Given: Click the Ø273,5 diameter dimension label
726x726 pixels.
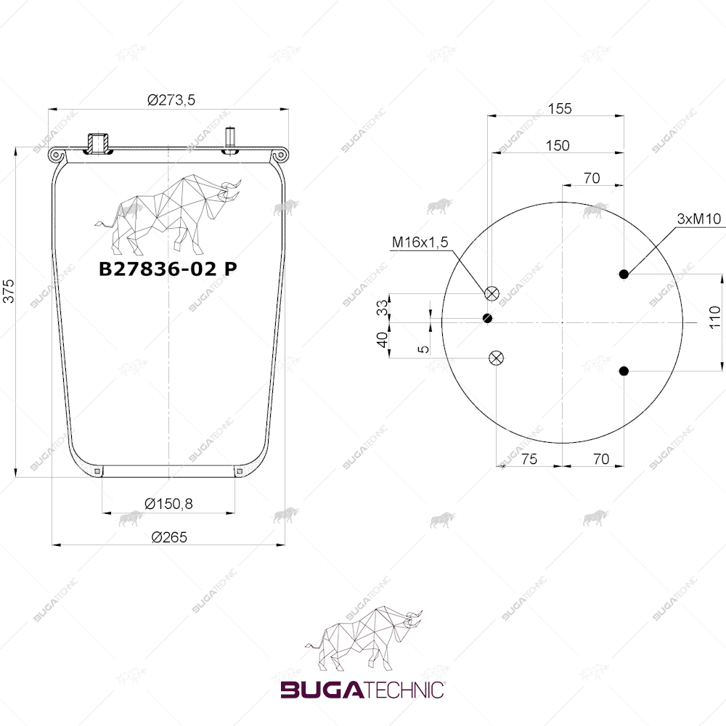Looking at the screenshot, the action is click(x=171, y=99).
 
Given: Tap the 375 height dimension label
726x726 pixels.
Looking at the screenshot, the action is click(x=9, y=291).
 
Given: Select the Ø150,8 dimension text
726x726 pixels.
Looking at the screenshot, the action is click(x=168, y=503).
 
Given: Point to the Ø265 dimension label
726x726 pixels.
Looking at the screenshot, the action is click(x=169, y=537).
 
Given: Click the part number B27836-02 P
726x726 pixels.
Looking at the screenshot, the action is click(x=168, y=269).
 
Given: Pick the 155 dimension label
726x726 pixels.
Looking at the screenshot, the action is click(x=560, y=108).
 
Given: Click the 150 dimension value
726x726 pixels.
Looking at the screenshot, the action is click(x=558, y=145).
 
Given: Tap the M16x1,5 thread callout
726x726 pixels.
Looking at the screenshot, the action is click(x=420, y=242).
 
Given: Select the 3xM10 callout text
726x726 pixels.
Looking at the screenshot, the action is click(x=699, y=219).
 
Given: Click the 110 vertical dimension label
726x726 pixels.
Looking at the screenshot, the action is click(x=715, y=317).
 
